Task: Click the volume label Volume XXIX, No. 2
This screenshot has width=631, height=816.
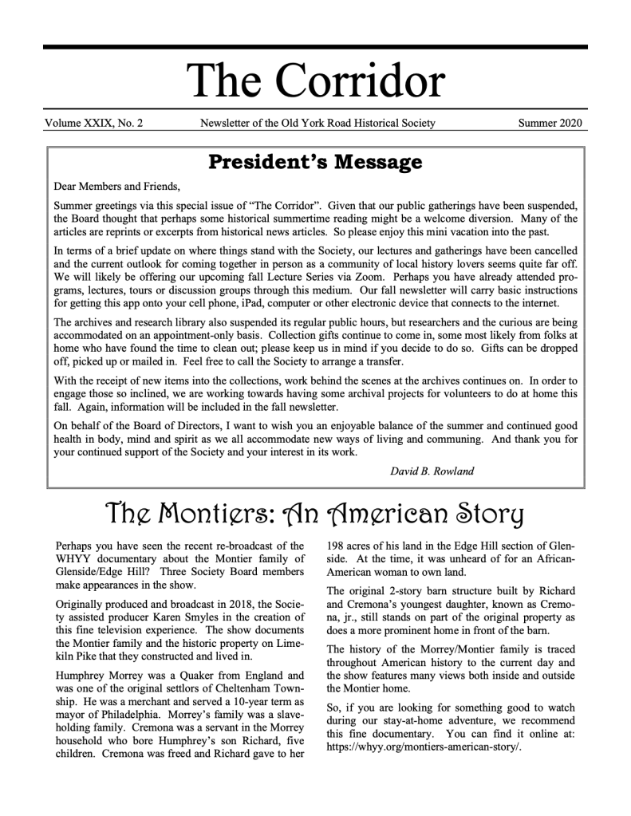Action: coord(94,123)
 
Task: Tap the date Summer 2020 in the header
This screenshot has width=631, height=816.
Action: coord(550,123)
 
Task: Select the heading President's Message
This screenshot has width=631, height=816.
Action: coord(315,163)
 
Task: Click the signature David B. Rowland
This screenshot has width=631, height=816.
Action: coord(432,471)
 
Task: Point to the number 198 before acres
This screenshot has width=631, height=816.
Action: coord(337,546)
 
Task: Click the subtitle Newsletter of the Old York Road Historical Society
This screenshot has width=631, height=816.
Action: coord(317,123)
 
